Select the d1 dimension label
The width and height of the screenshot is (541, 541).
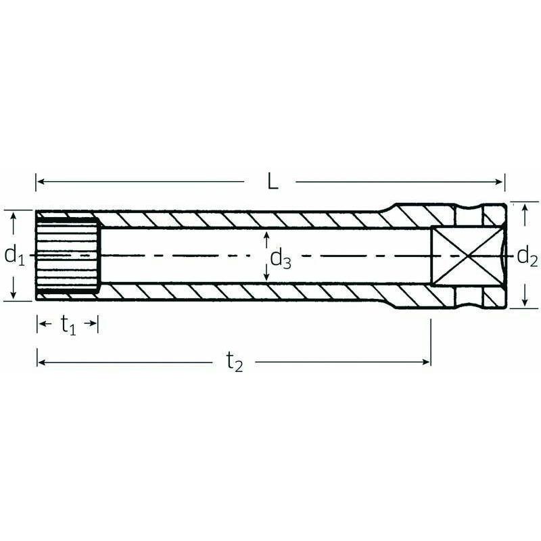pos(14,255)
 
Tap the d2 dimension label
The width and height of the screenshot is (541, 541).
pos(527,256)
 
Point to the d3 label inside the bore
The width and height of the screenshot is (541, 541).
pos(281,258)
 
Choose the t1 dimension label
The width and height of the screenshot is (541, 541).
pos(68,326)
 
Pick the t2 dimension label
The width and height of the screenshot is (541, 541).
pos(234,363)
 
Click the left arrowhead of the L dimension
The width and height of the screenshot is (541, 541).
pos(39,182)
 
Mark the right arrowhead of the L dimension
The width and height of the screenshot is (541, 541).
pos(501,182)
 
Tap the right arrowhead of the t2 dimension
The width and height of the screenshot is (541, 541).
pos(427,362)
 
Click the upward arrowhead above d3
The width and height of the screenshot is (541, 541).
pos(267,234)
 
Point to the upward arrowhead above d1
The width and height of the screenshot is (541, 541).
pos(14,215)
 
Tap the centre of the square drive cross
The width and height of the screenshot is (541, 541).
pos(467,256)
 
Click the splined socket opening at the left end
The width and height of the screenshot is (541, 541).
pos(68,255)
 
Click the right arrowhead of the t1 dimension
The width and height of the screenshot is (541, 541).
pos(95,326)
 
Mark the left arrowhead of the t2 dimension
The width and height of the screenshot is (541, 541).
pos(40,362)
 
